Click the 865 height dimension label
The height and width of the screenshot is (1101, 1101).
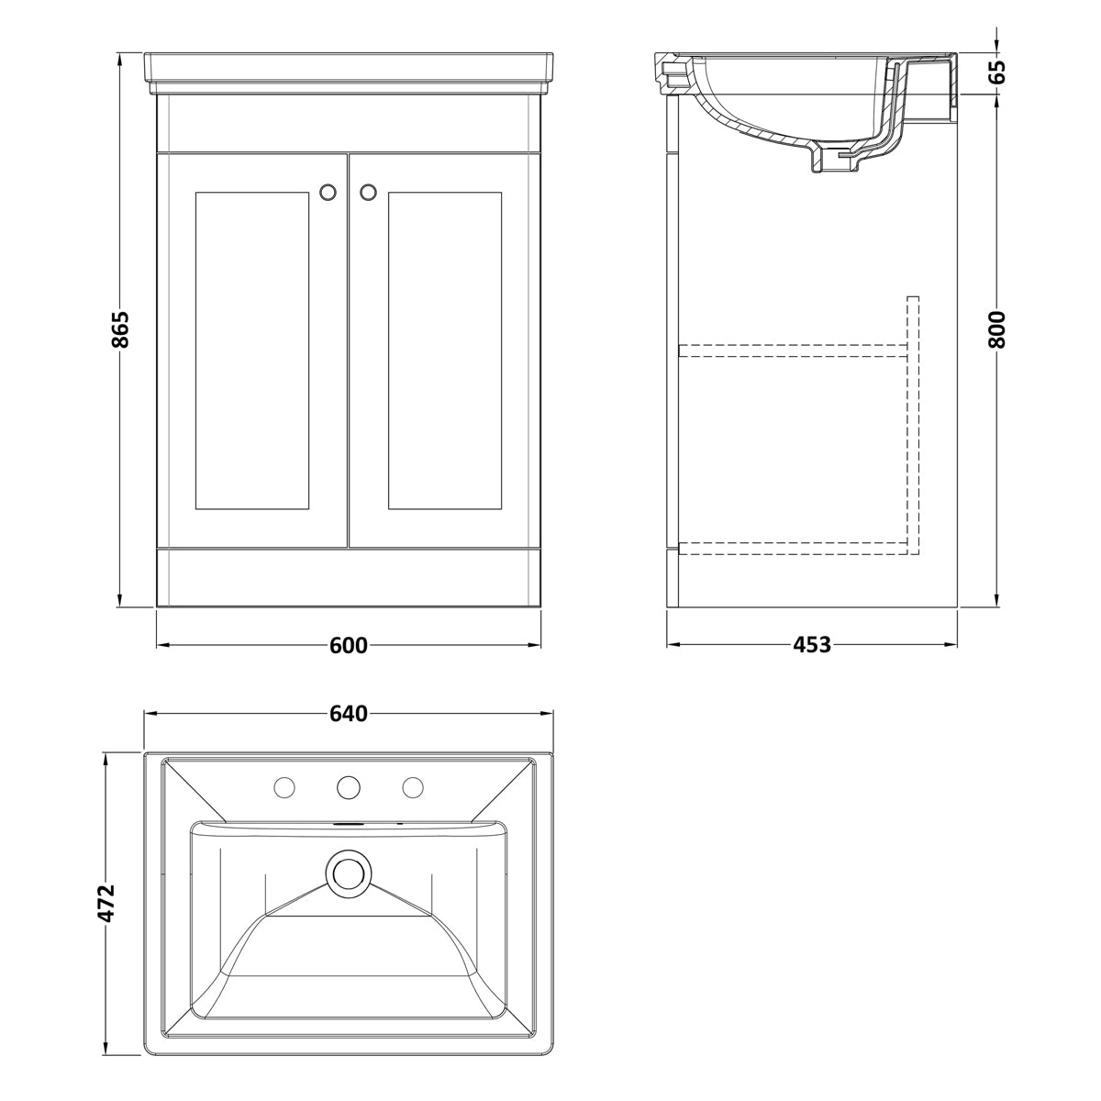[120, 329]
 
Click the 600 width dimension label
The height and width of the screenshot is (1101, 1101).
[349, 645]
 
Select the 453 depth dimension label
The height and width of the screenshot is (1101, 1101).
[812, 645]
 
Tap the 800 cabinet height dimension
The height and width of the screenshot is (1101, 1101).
[996, 329]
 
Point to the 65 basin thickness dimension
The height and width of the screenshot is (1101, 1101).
[996, 72]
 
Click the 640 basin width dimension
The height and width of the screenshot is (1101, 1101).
[349, 714]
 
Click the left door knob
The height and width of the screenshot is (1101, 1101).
[328, 192]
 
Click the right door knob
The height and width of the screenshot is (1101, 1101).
[369, 192]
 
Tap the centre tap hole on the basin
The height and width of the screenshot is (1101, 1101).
[348, 788]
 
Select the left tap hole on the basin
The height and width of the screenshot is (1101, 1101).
[284, 788]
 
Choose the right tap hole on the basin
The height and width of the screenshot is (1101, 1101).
[413, 788]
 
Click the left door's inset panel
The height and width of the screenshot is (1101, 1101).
[252, 350]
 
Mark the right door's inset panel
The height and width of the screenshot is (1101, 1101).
[445, 350]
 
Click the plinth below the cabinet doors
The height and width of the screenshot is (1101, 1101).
[349, 577]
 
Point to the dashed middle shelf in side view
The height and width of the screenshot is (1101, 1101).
[793, 350]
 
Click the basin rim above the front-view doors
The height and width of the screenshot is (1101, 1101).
[349, 73]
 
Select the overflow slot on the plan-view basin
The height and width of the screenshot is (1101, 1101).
[348, 825]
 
